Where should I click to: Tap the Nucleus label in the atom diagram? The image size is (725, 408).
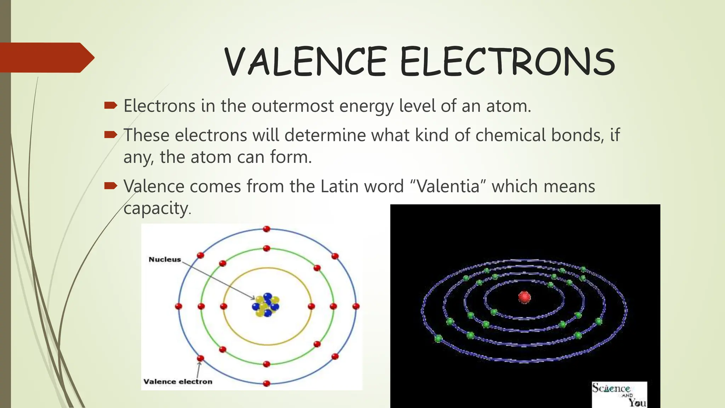[165, 259]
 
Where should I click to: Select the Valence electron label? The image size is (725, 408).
[178, 381]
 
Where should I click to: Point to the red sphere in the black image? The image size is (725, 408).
[524, 297]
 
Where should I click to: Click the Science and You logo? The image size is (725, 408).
[619, 394]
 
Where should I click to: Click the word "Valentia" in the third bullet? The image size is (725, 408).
[448, 186]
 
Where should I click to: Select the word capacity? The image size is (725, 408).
[155, 208]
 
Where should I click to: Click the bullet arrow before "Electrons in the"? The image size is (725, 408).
[110, 105]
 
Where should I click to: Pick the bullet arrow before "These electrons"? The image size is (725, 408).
[110, 135]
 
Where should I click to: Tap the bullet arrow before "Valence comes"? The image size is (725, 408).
[110, 186]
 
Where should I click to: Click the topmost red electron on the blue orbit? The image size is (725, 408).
[267, 229]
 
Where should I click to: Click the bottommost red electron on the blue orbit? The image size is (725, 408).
[267, 383]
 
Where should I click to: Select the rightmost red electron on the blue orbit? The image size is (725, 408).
[356, 306]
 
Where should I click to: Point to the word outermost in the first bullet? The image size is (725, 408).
[292, 106]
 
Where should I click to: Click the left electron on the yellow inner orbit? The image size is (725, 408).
[223, 306]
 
